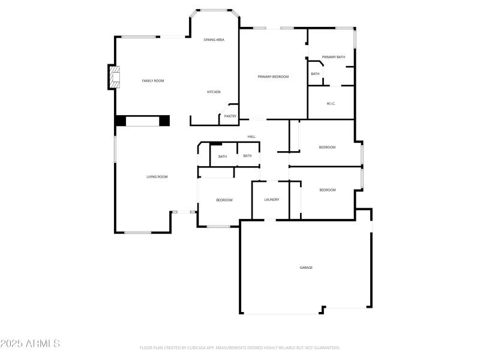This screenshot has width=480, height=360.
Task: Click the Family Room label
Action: click(152, 80)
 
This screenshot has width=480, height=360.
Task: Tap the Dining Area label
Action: click(214, 40)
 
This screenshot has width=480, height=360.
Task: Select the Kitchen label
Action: click(214, 92)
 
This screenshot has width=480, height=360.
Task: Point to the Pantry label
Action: click(230, 116)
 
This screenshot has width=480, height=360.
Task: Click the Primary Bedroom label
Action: click(273, 77)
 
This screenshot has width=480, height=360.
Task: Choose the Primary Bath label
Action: click(333, 57)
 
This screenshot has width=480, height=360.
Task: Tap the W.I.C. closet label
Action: click(331, 104)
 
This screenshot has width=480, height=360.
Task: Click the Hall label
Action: click(251, 137)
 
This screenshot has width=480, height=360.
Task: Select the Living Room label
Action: click(157, 177)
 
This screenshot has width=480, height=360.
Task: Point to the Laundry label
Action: click(272, 200)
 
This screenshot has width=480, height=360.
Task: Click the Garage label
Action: click(306, 268)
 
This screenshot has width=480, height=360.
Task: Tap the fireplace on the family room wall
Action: click(113, 77)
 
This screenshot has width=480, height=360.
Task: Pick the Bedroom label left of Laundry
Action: click(224, 200)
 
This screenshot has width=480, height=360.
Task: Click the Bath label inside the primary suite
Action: click(315, 74)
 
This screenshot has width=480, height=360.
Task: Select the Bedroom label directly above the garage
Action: click(327, 190)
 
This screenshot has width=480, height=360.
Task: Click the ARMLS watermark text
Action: click(30, 344)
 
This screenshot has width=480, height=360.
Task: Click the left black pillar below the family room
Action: click(121, 121)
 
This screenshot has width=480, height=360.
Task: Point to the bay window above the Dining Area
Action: click(214, 11)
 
